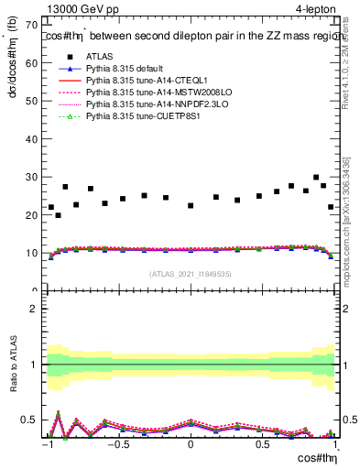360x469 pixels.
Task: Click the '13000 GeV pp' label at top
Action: coord(80,9)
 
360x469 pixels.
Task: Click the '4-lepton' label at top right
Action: coord(314,9)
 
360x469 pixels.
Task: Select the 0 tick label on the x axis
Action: coord(191,445)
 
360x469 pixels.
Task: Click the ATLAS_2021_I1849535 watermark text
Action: coord(191,274)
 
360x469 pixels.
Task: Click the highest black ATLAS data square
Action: coord(316,178)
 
